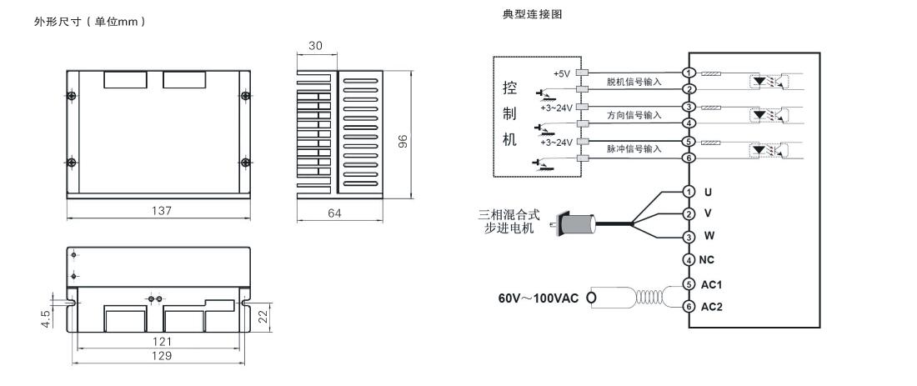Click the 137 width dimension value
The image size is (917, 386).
click(161, 211)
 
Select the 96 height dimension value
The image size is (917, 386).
click(403, 142)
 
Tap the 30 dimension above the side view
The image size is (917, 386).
click(315, 46)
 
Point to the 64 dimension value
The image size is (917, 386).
click(334, 213)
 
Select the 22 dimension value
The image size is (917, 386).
click(263, 317)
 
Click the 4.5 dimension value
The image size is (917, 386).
click(46, 318)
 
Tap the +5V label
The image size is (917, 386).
click(561, 73)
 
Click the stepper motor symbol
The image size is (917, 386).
click(575, 223)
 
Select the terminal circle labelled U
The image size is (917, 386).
click(689, 192)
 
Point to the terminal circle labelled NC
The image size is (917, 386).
click(689, 260)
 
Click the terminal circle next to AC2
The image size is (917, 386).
click(689, 307)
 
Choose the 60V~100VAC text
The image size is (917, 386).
click(538, 298)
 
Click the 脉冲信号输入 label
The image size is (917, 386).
click(634, 149)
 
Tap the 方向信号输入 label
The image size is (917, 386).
click(634, 115)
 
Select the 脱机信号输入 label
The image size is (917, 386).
click(634, 82)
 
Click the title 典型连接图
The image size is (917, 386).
click(532, 14)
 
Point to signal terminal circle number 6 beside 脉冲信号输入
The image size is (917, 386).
click(689, 158)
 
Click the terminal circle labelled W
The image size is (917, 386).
click(689, 237)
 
